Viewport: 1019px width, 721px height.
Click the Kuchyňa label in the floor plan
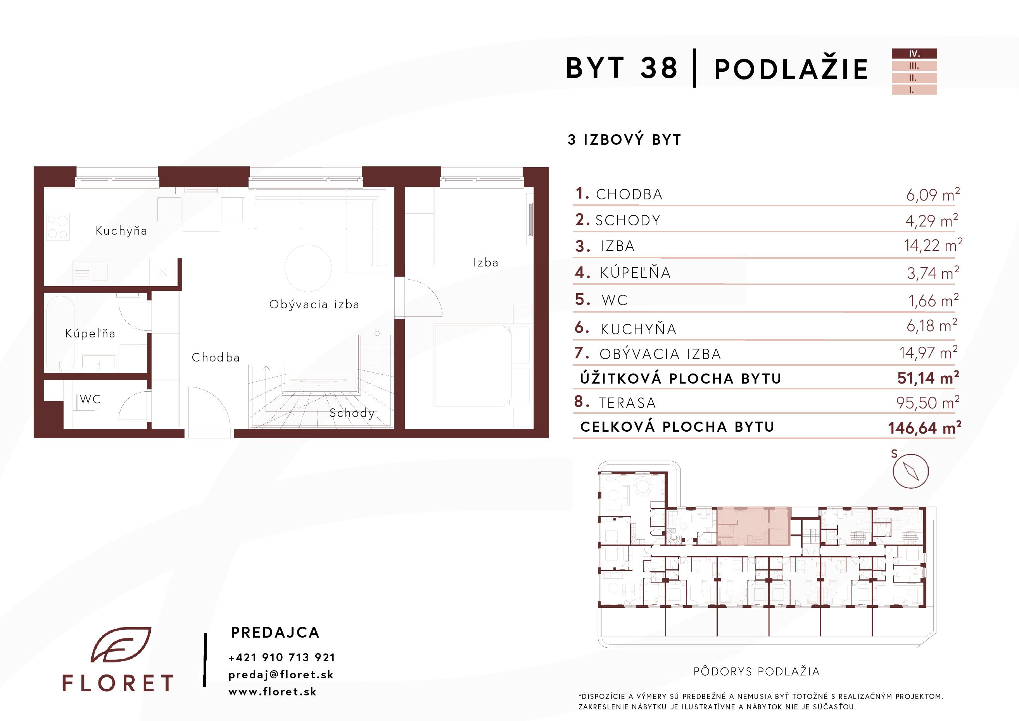pyautogui.click(x=121, y=230)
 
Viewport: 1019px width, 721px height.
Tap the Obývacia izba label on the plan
pyautogui.click(x=314, y=304)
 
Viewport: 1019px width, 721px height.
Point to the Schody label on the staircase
pyautogui.click(x=352, y=413)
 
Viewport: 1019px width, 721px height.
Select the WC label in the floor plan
pyautogui.click(x=90, y=399)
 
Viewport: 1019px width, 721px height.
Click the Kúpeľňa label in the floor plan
pyautogui.click(x=90, y=333)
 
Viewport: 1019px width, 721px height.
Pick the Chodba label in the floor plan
pyautogui.click(x=216, y=357)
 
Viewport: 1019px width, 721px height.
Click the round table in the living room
pyautogui.click(x=308, y=268)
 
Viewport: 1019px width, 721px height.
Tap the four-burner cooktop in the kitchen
pyautogui.click(x=58, y=227)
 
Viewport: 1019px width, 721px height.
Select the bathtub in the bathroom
pyautogui.click(x=60, y=333)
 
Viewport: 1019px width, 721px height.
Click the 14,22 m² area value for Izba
pyautogui.click(x=933, y=245)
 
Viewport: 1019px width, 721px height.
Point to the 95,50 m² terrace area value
pyautogui.click(x=927, y=403)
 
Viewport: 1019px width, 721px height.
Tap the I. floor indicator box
pyautogui.click(x=914, y=90)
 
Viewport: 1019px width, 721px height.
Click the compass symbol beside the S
pyautogui.click(x=911, y=471)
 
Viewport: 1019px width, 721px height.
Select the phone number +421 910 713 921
pyautogui.click(x=282, y=657)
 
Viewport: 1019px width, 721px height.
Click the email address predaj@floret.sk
pyautogui.click(x=281, y=675)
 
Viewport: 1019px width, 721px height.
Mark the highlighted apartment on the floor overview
pyautogui.click(x=754, y=526)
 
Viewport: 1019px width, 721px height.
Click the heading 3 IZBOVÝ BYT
pyautogui.click(x=624, y=140)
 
